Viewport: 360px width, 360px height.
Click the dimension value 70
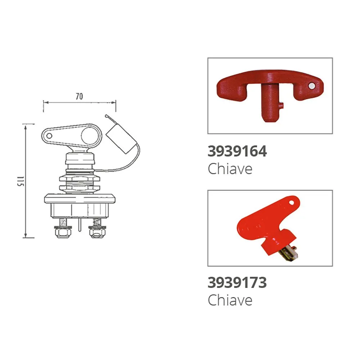point(79,96)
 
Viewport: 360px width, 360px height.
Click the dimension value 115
point(21,181)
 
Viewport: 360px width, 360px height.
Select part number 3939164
point(237,151)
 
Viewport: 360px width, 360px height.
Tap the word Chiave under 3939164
point(230,169)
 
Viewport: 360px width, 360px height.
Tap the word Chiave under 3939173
point(230,300)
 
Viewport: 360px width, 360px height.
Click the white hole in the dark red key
point(311,86)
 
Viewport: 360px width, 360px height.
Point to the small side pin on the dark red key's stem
point(282,106)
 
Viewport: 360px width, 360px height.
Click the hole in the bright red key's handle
point(291,203)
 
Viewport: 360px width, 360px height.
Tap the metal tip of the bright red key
point(289,253)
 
